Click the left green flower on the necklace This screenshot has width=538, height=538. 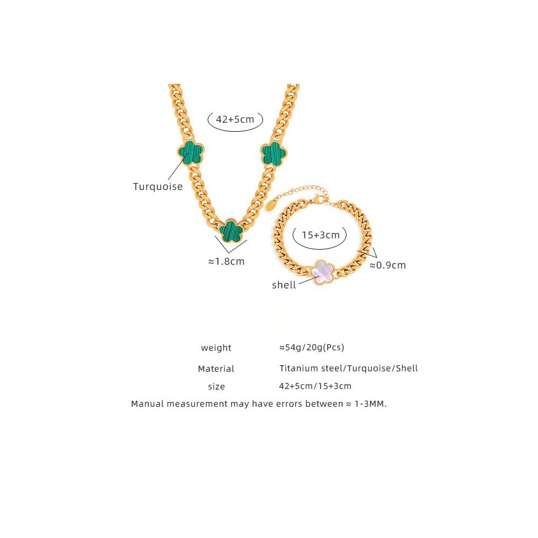point(191,153)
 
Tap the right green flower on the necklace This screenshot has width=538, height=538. point(274,154)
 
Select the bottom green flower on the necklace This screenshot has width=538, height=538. point(231,231)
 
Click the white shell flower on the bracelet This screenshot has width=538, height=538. point(322,272)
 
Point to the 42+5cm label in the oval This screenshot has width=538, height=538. point(235,119)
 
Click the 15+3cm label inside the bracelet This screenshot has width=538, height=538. point(321,235)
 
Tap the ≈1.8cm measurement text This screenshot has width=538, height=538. point(226,261)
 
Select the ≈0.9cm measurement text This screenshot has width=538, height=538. point(388,265)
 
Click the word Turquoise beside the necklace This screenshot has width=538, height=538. point(158,187)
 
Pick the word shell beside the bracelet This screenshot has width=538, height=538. point(284,285)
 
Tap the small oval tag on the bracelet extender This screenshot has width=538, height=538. point(271,204)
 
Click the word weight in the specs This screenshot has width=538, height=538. point(216,348)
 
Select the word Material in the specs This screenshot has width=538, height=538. point(216,369)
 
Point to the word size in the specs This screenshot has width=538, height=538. point(216,387)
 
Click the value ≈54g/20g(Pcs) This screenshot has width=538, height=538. point(312,348)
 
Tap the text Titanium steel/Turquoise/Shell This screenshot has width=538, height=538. point(349,369)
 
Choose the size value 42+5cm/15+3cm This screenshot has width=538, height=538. point(315,386)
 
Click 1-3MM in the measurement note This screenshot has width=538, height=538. point(371,404)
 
